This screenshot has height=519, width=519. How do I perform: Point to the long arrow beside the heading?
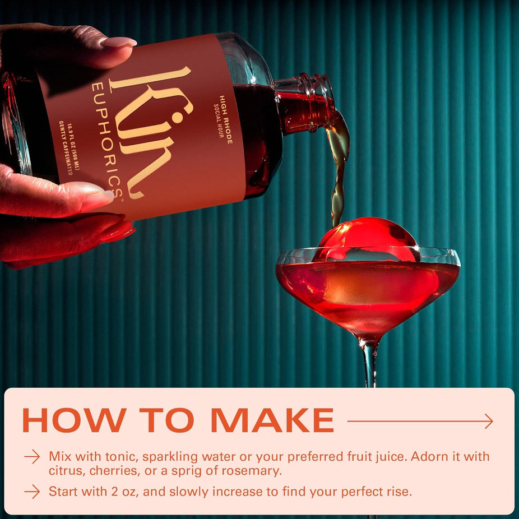[x=420, y=421]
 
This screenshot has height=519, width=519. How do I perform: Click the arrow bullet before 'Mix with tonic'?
[x=32, y=457]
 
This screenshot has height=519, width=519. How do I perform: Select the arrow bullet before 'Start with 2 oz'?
[x=32, y=492]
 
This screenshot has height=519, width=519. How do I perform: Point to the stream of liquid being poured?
[x=338, y=168]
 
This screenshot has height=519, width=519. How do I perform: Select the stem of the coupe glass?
[x=370, y=364]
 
